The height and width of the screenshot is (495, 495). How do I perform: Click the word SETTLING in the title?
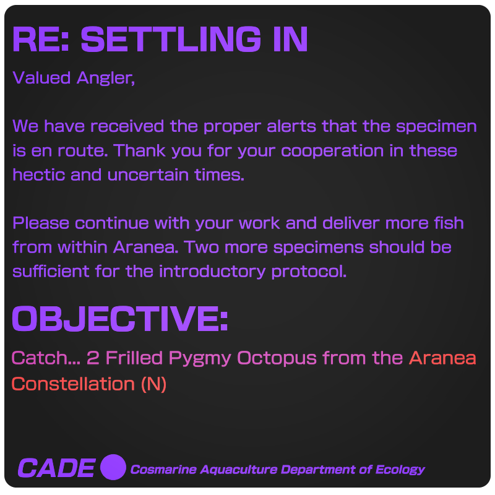(171, 39)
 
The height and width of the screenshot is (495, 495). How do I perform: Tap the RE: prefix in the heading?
(41, 39)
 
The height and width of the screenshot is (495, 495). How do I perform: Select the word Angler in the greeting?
(106, 79)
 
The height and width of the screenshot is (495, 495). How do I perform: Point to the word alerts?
(291, 126)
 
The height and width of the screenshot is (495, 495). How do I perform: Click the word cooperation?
(332, 151)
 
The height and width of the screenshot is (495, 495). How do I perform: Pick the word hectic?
(39, 175)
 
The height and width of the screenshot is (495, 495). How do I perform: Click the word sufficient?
(51, 271)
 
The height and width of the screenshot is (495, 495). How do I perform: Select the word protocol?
(309, 272)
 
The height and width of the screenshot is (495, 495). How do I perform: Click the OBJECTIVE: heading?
(119, 319)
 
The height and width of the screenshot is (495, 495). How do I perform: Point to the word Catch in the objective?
(40, 358)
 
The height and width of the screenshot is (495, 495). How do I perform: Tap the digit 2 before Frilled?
(93, 358)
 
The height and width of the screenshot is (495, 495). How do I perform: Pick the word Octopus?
(277, 359)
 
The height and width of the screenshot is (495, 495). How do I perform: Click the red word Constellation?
(73, 384)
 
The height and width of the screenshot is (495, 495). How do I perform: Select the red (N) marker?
(153, 384)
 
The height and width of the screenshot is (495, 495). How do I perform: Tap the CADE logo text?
(56, 468)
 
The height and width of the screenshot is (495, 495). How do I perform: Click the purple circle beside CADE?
(113, 467)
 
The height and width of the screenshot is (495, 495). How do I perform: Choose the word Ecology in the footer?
(400, 470)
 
